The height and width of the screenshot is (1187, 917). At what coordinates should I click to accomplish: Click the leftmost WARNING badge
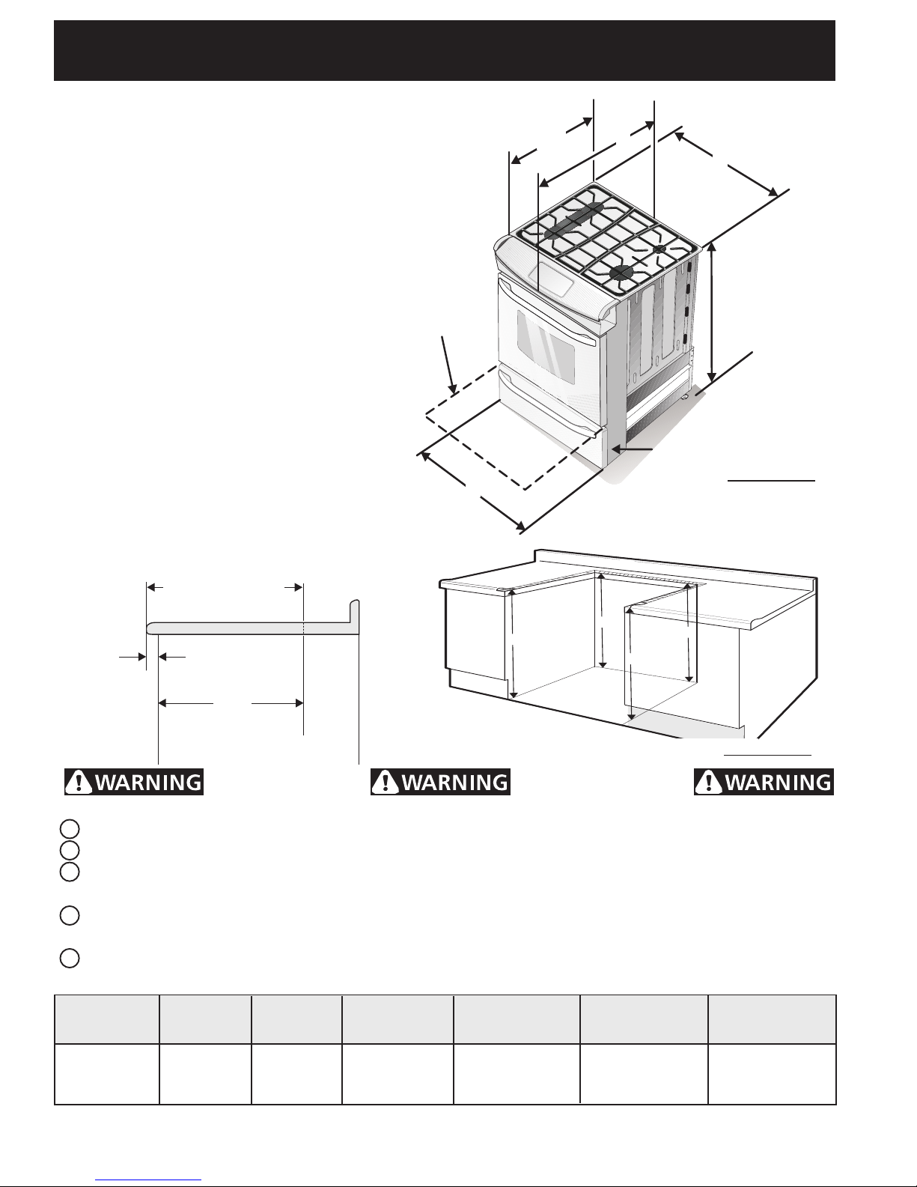pos(134,782)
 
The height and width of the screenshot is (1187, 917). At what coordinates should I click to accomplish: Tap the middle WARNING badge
pos(440,782)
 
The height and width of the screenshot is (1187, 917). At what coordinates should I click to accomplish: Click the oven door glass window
pos(546,347)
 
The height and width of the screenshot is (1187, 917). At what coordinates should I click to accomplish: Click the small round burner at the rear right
pos(659,249)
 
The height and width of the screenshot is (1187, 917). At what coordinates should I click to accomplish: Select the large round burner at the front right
pos(620,272)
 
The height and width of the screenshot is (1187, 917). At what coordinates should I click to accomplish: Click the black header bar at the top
pos(445,51)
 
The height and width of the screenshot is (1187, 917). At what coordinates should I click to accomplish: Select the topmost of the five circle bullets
pos(70,829)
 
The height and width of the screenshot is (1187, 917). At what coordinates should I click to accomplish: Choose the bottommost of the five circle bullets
pos(70,958)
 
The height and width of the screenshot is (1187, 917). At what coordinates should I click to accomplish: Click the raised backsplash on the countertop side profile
pos(354,616)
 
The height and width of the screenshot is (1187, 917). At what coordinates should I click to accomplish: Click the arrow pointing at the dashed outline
pos(448,365)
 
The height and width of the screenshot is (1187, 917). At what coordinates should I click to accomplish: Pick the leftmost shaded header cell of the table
pos(106,1019)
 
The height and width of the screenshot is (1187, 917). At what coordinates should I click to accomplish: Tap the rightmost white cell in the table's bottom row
pos(772,1074)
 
